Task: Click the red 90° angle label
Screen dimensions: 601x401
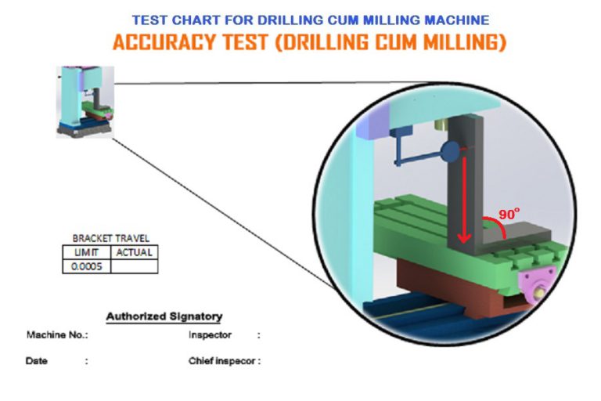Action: tap(509, 214)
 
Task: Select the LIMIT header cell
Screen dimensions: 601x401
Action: tap(87, 252)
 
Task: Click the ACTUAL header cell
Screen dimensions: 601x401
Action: tap(134, 252)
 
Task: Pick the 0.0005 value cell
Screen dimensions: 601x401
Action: tap(87, 266)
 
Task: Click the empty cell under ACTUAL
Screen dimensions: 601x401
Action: tap(134, 266)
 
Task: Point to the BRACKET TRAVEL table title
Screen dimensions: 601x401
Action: tap(111, 238)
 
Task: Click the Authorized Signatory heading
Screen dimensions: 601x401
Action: tap(164, 316)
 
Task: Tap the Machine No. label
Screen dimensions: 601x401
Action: tap(57, 335)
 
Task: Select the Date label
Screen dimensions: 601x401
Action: tap(37, 361)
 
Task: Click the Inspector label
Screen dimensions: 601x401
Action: tap(210, 335)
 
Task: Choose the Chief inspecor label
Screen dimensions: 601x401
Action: tap(222, 361)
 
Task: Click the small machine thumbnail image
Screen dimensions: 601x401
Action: tap(85, 102)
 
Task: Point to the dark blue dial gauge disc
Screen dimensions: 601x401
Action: tap(450, 152)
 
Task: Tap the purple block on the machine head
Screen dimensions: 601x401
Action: tap(372, 122)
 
